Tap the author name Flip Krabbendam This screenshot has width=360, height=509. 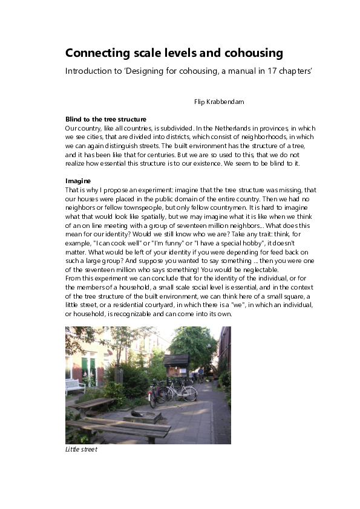(x=219, y=102)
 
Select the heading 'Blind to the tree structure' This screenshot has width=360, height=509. (x=106, y=119)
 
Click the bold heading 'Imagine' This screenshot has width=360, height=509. (x=78, y=181)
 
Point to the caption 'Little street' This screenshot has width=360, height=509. (x=81, y=449)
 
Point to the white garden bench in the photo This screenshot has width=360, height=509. (x=74, y=385)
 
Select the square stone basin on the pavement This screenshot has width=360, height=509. (x=143, y=416)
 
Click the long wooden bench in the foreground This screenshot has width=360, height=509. (x=118, y=430)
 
